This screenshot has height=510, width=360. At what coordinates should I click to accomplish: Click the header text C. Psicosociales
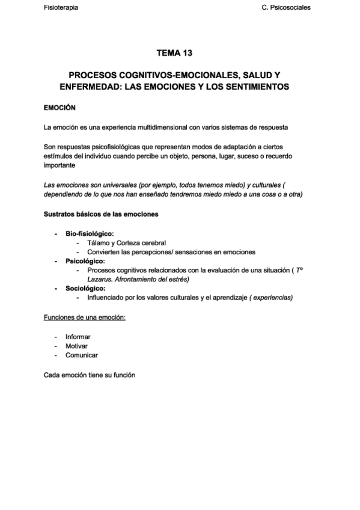click(287, 8)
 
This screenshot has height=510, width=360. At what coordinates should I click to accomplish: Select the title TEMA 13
click(174, 54)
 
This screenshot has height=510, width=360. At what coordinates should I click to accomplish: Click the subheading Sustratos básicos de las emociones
click(101, 214)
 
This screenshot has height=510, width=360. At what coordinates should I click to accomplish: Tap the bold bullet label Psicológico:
click(85, 262)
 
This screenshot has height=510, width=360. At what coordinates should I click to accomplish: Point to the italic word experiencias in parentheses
click(273, 298)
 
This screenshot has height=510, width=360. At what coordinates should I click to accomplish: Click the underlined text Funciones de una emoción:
click(85, 317)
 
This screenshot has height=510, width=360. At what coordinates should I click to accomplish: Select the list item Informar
click(78, 337)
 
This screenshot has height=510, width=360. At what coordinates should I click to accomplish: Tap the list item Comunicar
click(81, 355)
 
